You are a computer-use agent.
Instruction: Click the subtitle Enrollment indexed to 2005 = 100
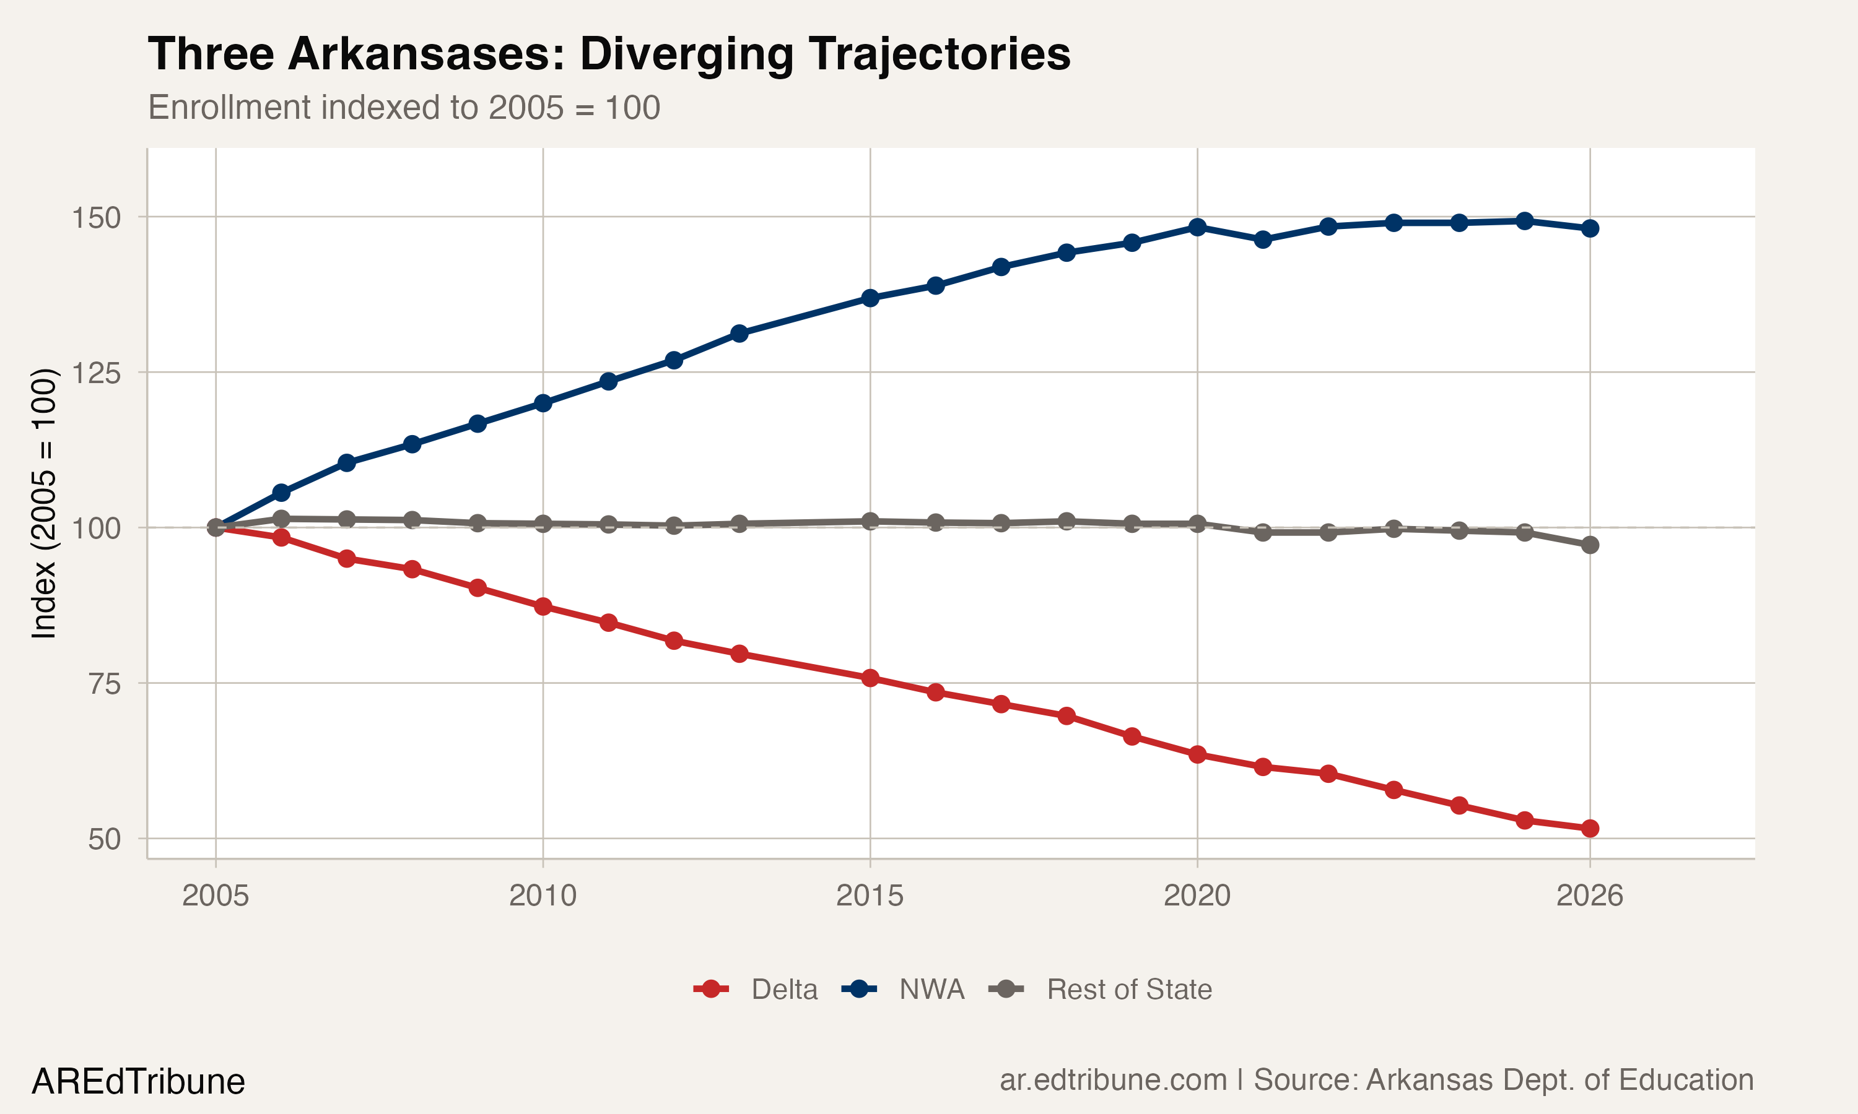(x=404, y=107)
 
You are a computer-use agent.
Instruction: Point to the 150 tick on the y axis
(x=96, y=218)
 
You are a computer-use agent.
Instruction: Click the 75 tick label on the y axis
(x=105, y=684)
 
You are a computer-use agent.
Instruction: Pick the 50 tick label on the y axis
(x=105, y=839)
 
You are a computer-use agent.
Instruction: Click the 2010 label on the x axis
(x=543, y=896)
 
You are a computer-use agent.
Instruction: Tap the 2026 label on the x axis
(x=1589, y=896)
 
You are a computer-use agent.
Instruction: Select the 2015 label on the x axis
(x=870, y=896)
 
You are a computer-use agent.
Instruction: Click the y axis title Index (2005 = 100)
(x=43, y=503)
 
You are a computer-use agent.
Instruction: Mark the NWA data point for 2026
(x=1590, y=228)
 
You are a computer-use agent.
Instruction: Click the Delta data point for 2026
(x=1590, y=828)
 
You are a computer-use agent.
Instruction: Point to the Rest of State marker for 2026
(x=1590, y=545)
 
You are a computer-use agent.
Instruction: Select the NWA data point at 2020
(x=1197, y=227)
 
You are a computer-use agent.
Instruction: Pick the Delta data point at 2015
(x=870, y=678)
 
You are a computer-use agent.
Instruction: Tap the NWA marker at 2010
(x=543, y=403)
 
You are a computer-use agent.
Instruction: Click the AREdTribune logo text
(x=138, y=1082)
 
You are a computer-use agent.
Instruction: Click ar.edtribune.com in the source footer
(x=1112, y=1079)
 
